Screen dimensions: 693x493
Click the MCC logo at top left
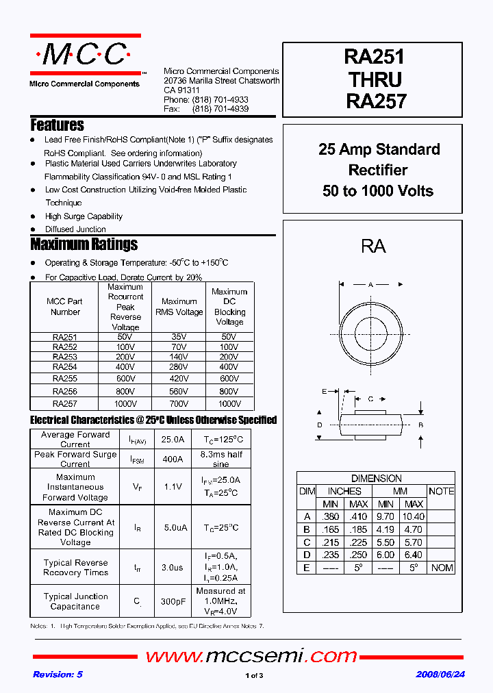coord(85,55)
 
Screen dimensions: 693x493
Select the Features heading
coord(57,125)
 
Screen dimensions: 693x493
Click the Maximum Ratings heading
coord(84,244)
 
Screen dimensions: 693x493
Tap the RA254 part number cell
coord(65,368)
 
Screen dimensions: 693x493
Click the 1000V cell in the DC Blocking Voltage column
coord(229,404)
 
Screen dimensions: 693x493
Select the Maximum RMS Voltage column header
coord(179,307)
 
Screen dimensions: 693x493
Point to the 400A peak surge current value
coord(173,459)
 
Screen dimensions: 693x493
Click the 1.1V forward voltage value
coord(173,487)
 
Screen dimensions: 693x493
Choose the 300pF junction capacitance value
coord(173,601)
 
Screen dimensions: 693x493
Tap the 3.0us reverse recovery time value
coord(173,568)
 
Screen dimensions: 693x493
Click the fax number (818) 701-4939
coord(220,109)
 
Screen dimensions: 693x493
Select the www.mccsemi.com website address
coord(251,656)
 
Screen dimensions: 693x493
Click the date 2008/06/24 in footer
coord(440,675)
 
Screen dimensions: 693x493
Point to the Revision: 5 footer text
coord(58,675)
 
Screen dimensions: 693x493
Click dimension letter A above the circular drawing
coord(370,284)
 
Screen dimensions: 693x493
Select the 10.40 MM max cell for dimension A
coord(413,517)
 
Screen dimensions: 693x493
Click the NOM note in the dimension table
coord(442,568)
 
